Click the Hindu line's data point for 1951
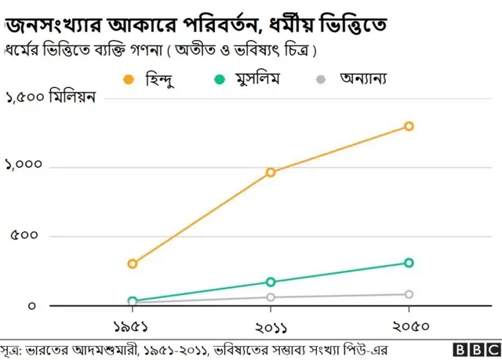[133, 264]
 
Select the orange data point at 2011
[271, 172]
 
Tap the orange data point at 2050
[409, 126]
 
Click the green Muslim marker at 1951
[133, 300]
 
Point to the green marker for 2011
[271, 282]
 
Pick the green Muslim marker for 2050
[409, 263]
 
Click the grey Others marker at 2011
[271, 297]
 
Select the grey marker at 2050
[409, 294]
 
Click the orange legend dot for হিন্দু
[129, 79]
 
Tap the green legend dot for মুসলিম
[220, 79]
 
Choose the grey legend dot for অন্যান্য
[319, 79]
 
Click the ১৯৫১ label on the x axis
[133, 325]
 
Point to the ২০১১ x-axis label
[271, 325]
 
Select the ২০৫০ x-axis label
[409, 325]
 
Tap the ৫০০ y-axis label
[24, 235]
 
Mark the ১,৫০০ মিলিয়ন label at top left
[50, 98]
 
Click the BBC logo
[476, 349]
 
